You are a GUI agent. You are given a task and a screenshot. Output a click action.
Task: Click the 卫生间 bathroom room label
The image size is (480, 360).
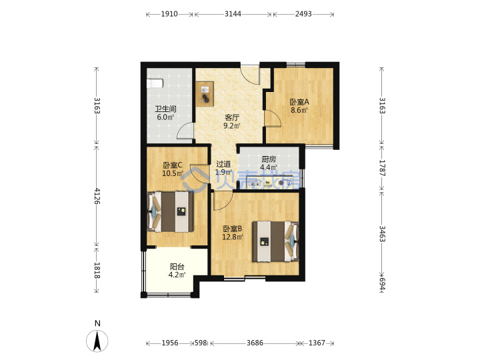tap(165, 109)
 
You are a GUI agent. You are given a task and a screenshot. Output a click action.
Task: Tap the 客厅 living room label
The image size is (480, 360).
tap(232, 117)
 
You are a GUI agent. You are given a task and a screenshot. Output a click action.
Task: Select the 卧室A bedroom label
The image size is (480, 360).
tap(299, 102)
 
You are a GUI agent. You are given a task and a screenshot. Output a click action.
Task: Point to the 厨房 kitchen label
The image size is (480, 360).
tap(269, 159)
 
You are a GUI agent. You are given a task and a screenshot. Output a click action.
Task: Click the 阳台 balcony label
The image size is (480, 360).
tap(177, 267)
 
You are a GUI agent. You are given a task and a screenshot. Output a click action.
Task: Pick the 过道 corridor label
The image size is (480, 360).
tap(223, 165)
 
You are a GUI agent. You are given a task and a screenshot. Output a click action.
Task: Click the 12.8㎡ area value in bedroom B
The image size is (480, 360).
tap(233, 237)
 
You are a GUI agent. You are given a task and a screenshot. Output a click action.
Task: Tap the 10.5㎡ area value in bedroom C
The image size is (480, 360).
tap(173, 173)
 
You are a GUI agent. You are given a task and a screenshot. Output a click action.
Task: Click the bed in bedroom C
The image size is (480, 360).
tap(171, 211)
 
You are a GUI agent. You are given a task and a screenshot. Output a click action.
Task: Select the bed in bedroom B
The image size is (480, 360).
tap(275, 241)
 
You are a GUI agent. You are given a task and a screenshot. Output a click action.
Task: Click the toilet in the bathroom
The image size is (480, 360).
tap(155, 84)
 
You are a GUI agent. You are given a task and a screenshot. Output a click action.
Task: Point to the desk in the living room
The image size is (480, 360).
tap(205, 94)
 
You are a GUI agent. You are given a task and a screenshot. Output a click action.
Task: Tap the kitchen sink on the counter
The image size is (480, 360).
tap(254, 183)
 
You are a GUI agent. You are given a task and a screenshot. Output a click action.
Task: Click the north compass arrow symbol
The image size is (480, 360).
tap(97, 341)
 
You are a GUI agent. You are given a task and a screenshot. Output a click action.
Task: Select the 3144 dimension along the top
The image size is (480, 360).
tap(233, 14)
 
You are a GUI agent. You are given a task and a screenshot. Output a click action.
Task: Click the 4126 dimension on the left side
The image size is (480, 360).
tap(97, 196)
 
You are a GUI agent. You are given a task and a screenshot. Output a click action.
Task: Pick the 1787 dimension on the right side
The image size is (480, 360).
tap(383, 168)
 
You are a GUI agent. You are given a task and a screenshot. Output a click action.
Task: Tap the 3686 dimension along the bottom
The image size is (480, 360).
tap(255, 343)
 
